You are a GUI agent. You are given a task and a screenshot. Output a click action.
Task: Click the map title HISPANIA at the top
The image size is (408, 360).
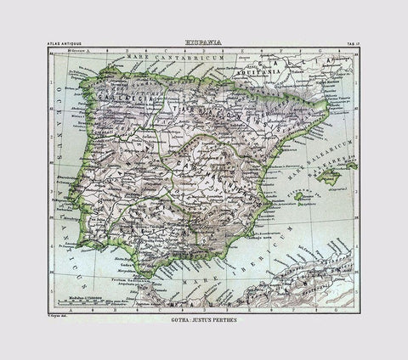click(204, 40)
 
